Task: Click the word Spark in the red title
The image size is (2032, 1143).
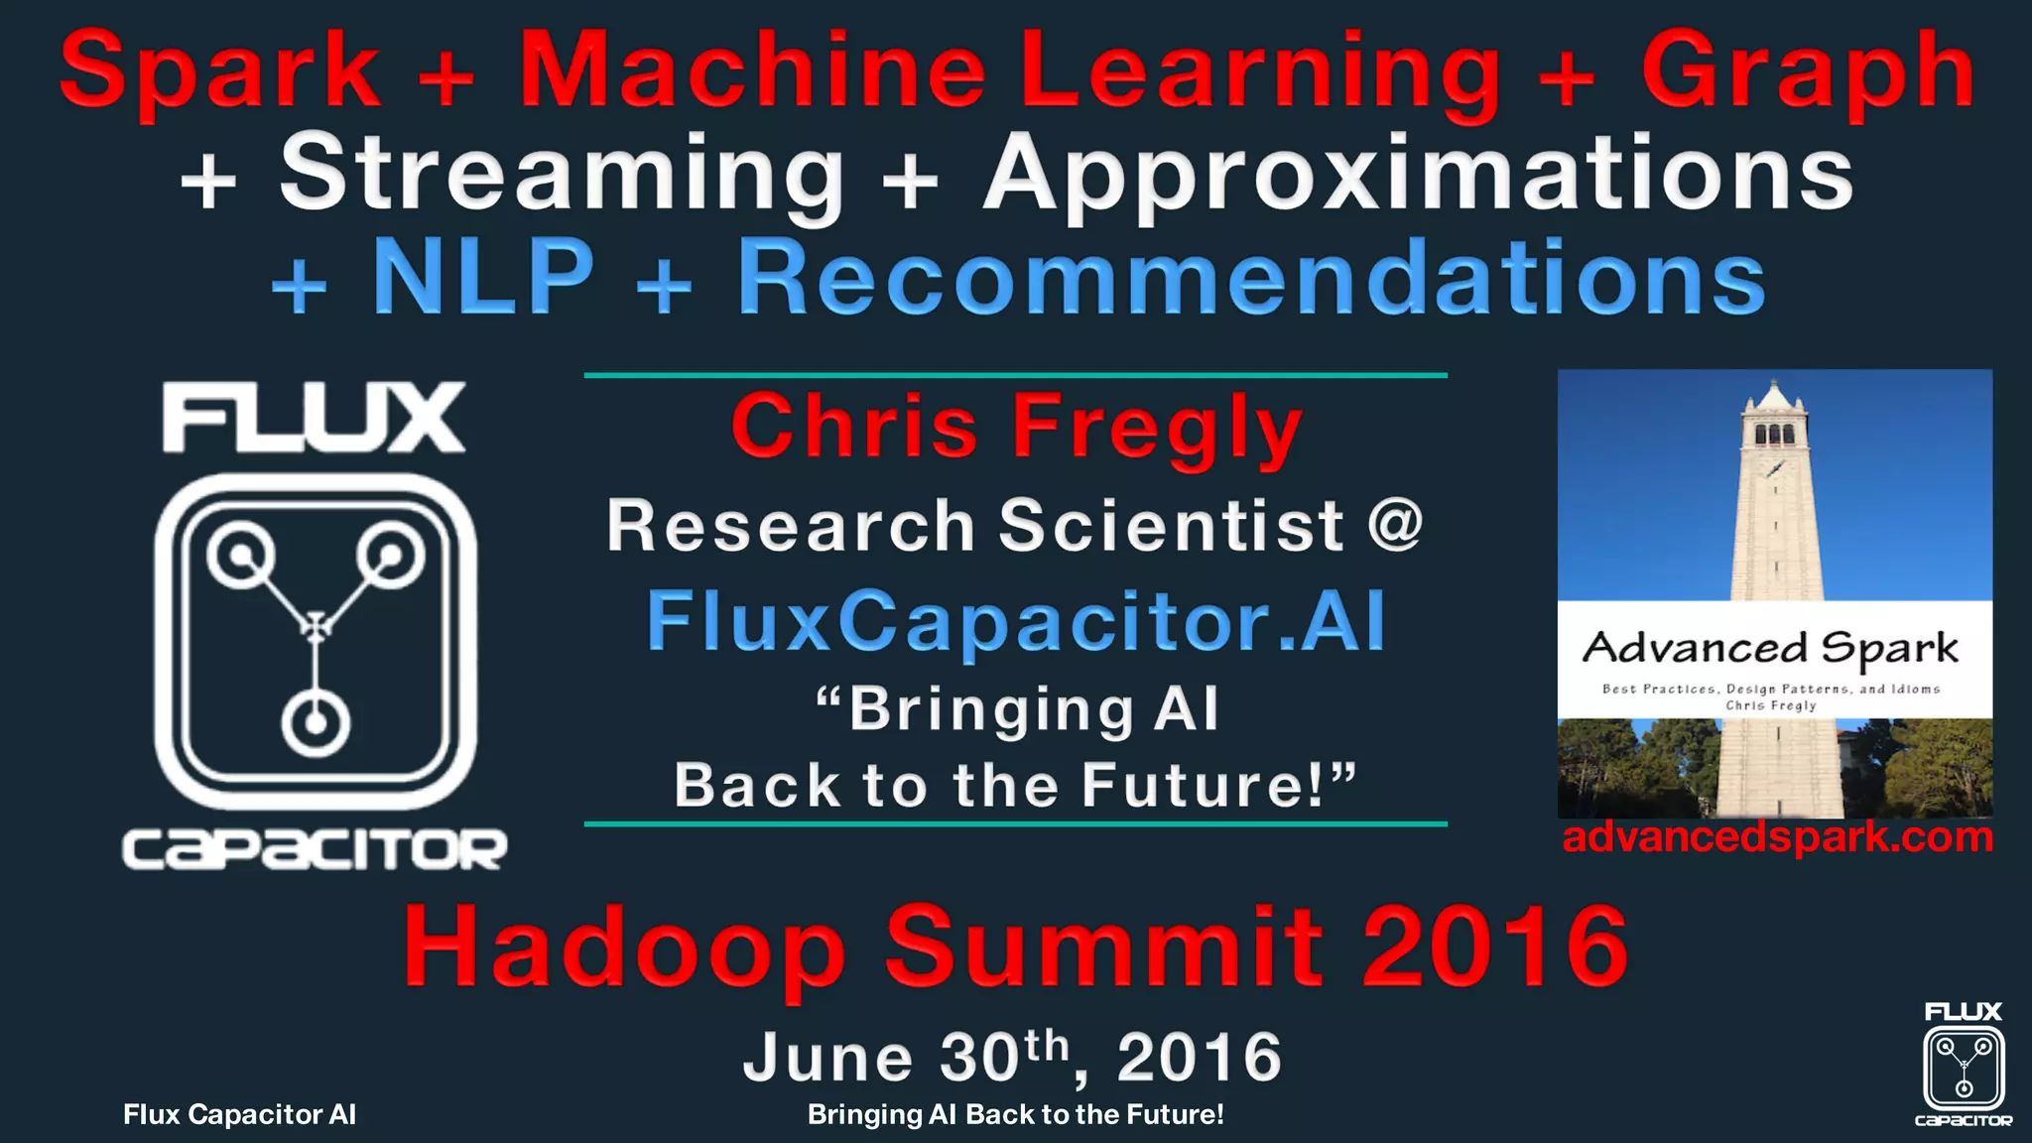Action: [x=219, y=71]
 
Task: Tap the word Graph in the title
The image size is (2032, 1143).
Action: [x=1807, y=71]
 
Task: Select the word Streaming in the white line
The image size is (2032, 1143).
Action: [x=562, y=175]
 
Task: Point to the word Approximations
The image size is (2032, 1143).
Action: [x=1418, y=175]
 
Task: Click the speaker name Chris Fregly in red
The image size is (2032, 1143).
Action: [x=1016, y=428]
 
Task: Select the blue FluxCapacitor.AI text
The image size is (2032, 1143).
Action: [x=1016, y=622]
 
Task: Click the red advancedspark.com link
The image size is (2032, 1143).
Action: [x=1777, y=838]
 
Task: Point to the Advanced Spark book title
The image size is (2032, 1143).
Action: [x=1771, y=648]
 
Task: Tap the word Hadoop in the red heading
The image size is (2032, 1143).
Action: [x=624, y=948]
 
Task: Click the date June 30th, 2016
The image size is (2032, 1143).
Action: [x=1012, y=1058]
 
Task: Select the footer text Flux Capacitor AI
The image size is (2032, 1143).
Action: [x=239, y=1115]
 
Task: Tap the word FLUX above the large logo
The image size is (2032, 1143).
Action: [x=314, y=419]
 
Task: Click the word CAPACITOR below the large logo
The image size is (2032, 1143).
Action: [x=314, y=850]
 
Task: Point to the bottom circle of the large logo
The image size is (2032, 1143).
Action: [x=316, y=722]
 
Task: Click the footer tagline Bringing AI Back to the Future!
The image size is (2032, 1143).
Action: [x=1015, y=1115]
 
